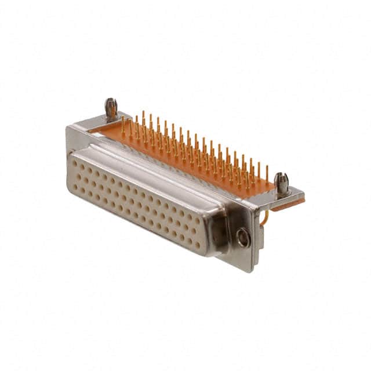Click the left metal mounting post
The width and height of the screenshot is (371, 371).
click(x=111, y=108)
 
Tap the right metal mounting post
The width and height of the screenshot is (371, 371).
click(x=282, y=184)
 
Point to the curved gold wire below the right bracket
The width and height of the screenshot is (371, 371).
click(x=265, y=218)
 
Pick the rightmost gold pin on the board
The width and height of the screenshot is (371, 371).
click(x=267, y=174)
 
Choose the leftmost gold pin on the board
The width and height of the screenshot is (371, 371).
click(x=123, y=125)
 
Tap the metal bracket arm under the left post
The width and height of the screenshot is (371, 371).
click(x=99, y=122)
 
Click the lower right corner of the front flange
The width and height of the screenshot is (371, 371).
click(x=250, y=268)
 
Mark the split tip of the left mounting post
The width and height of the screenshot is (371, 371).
click(x=110, y=102)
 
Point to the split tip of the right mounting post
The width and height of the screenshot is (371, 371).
click(x=282, y=176)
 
